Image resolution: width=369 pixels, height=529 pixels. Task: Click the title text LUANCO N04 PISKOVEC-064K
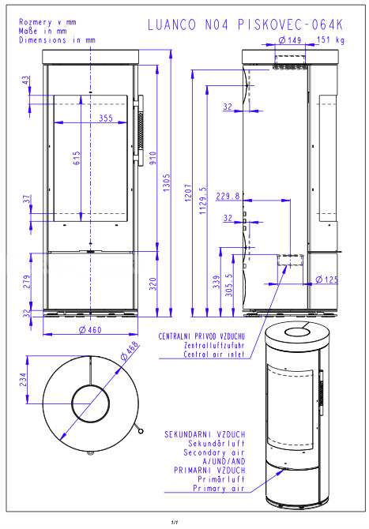pos(246,24)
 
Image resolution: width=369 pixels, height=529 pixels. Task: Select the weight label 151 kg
pos(331,39)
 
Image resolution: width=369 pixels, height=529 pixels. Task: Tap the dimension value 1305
pos(167,183)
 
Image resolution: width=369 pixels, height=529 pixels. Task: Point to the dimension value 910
pos(153,158)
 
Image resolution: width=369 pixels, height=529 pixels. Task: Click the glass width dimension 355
pos(106,118)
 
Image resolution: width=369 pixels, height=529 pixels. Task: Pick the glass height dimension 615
pos(77,158)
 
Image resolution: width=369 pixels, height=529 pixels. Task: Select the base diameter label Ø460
pos(90,329)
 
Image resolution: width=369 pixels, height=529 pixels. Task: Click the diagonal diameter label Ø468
pos(130,351)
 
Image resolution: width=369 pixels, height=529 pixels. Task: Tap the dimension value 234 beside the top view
pos(23,380)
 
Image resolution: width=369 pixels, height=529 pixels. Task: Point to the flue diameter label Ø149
pos(290,39)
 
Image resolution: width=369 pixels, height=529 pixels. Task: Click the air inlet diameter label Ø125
pos(326,280)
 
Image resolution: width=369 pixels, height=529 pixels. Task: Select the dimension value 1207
pos(188,193)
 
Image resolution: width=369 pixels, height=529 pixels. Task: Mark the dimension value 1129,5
pos(203,201)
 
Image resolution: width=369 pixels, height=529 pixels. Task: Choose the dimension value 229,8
pos(228,196)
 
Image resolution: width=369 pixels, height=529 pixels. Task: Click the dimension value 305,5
pos(229,285)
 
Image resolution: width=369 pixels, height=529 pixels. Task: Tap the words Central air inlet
pos(213,355)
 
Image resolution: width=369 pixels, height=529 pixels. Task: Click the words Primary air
pos(218,488)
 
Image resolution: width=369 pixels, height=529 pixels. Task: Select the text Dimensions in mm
pos(57,39)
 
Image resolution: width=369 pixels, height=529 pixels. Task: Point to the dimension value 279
pos(27,282)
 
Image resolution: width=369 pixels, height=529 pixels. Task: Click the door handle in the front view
pos(139,130)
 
